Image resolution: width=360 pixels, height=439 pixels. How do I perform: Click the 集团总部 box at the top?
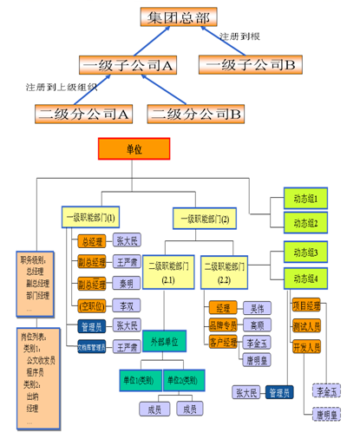tap(178, 17)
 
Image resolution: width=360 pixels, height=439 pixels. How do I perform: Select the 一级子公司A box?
tap(128, 65)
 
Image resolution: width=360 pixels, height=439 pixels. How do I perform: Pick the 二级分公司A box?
tap(84, 114)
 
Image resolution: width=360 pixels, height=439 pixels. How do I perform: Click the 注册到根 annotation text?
tap(240, 37)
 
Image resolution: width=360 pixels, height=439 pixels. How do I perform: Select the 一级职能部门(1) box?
tap(91, 217)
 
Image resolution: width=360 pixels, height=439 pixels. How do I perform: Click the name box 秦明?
tap(127, 284)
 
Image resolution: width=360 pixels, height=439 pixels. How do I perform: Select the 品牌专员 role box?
tap(222, 324)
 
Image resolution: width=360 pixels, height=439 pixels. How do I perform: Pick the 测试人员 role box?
tap(306, 326)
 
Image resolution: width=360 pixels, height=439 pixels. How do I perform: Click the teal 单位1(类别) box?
tap(136, 381)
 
